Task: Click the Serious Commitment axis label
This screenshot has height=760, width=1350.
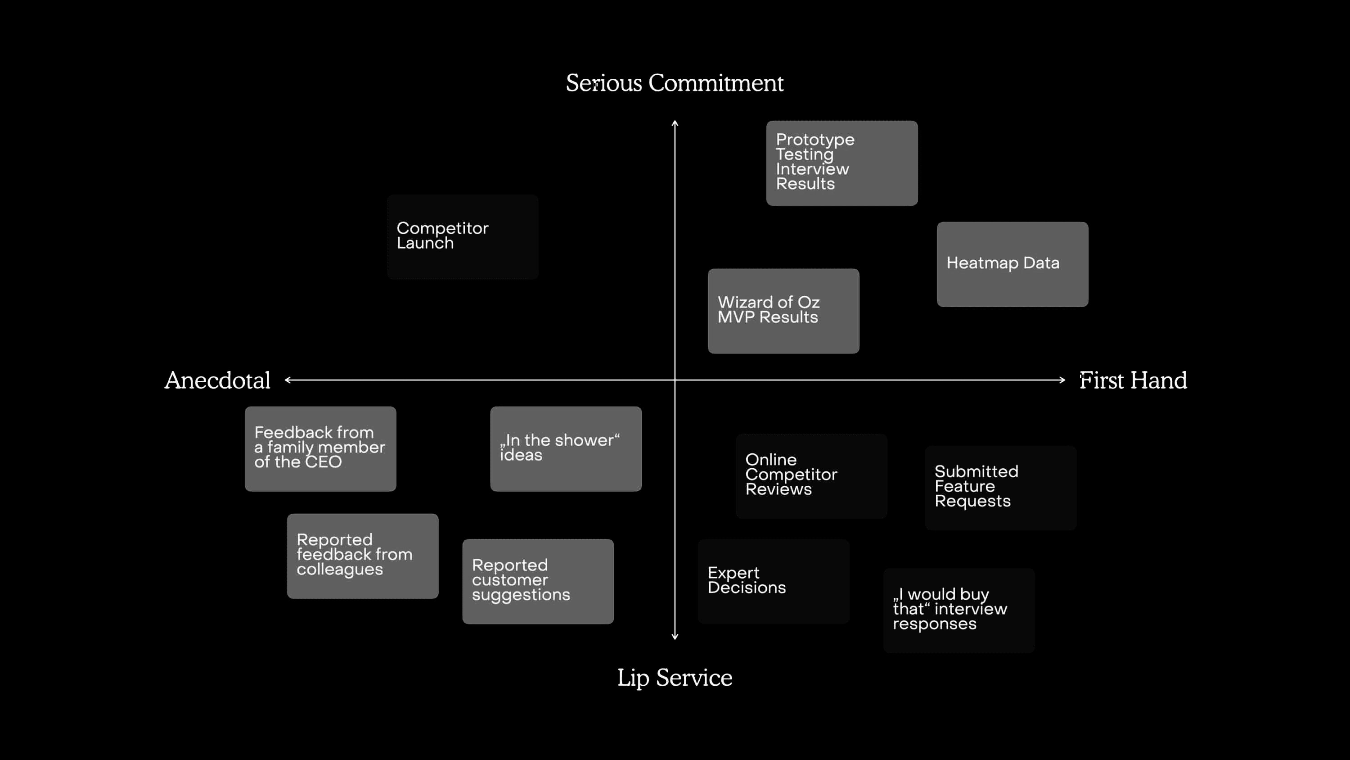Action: click(675, 83)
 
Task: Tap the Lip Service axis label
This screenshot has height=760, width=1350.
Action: click(675, 678)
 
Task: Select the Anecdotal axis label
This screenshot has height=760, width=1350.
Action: click(217, 380)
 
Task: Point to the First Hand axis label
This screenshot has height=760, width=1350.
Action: click(1133, 380)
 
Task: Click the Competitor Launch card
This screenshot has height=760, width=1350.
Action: click(463, 236)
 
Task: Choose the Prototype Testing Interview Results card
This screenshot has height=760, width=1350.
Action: click(841, 163)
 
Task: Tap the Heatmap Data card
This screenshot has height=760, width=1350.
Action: click(1012, 264)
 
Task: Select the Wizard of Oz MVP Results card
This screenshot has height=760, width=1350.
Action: click(783, 311)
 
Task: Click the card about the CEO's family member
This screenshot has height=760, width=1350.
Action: click(320, 449)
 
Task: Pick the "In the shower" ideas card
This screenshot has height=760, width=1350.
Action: click(566, 449)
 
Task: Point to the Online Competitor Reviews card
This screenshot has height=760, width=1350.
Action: click(811, 476)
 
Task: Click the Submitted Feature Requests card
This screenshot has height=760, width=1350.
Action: click(1000, 488)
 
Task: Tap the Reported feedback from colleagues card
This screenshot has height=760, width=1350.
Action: click(363, 556)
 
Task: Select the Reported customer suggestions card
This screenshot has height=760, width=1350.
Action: click(538, 582)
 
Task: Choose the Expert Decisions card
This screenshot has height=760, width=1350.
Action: click(774, 582)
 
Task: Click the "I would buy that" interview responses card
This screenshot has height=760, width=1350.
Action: click(959, 611)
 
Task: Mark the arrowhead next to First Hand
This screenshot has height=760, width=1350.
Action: click(1063, 380)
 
